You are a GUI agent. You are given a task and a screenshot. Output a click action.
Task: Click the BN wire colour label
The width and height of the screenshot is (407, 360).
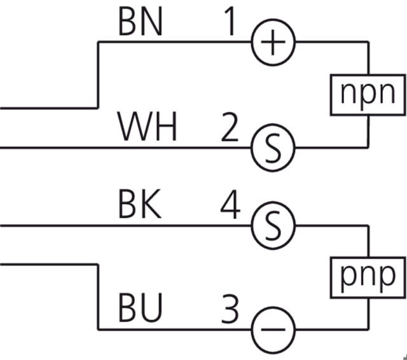141,23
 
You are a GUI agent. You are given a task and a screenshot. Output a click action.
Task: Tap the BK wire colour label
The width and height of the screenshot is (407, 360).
141,207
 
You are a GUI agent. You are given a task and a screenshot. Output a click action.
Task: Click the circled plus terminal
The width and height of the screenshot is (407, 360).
273,43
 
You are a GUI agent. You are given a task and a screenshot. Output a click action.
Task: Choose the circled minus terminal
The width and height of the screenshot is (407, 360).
273,329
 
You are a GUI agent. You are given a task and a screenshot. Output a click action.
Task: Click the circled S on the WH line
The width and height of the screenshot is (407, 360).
273,148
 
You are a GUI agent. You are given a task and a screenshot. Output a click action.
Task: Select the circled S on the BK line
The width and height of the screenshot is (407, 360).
273,225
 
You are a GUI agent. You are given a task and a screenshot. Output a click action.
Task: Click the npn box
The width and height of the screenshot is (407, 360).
368,93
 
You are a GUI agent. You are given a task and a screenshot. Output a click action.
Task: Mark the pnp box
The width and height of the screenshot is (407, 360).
368,276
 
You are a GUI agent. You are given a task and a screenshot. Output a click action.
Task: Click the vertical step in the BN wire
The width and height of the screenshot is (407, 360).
97,74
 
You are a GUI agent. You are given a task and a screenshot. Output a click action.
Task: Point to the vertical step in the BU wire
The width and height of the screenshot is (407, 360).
97,296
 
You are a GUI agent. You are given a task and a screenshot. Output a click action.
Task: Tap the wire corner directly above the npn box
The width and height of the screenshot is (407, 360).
369,43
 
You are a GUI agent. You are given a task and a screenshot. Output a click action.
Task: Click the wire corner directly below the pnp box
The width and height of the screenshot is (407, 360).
369,329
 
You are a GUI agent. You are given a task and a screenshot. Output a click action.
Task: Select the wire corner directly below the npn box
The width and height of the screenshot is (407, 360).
369,148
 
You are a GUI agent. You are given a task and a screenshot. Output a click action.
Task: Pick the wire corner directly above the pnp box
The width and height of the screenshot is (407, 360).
369,225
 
